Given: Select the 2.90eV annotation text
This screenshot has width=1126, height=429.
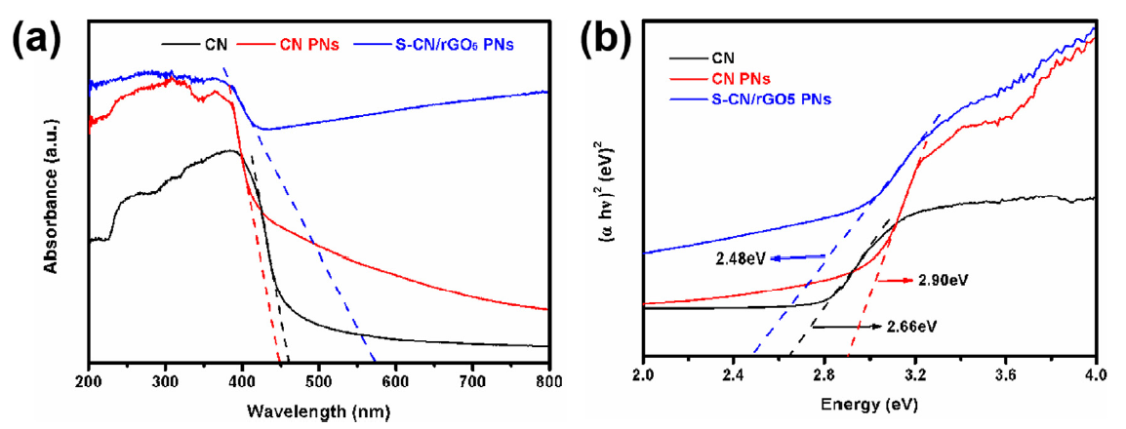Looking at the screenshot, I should tap(940, 279).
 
